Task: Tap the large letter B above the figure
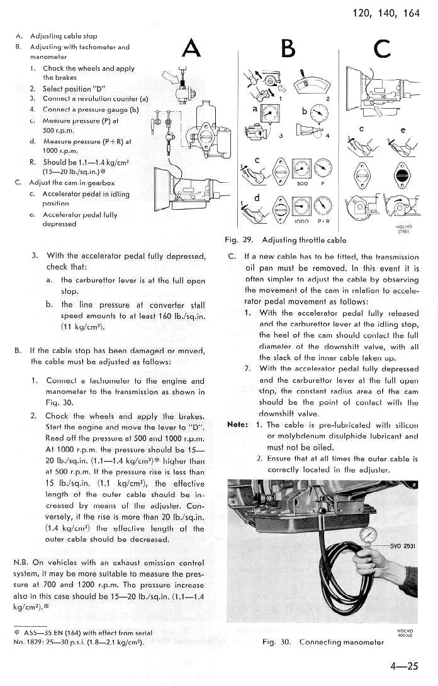coord(288,49)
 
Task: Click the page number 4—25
coord(403,668)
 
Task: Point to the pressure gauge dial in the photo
coord(369,535)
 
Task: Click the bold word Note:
coord(237,425)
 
